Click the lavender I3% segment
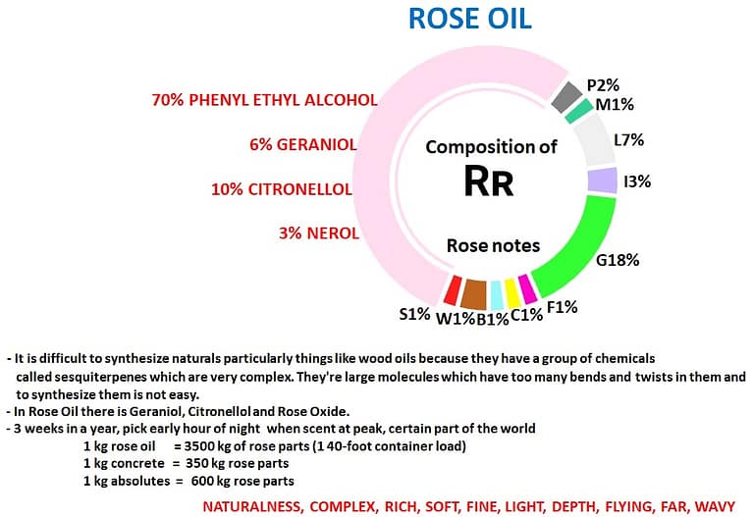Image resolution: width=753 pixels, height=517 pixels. pos(601,181)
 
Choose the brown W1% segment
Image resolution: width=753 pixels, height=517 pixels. pos(474,293)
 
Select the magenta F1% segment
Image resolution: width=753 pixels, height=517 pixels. pos(527,287)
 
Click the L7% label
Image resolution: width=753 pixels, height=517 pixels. pos(628,140)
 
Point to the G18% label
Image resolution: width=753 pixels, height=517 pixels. pos(618,261)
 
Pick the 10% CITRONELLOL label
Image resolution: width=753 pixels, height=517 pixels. pos(282,188)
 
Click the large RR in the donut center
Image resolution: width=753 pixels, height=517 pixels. pos(488,181)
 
